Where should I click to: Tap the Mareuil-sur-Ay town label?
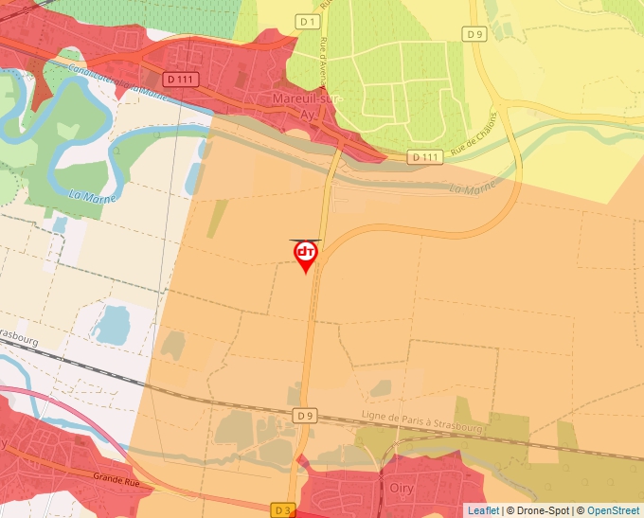click(x=306, y=105)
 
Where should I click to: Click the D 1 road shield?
click(x=306, y=21)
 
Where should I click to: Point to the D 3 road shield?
click(x=283, y=509)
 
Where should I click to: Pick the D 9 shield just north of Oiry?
click(x=303, y=415)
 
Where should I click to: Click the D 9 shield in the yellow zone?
click(x=474, y=33)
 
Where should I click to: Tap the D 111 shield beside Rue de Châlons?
click(x=426, y=156)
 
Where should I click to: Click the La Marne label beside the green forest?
click(x=87, y=196)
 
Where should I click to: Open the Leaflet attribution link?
click(x=483, y=510)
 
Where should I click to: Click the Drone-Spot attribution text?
click(x=538, y=510)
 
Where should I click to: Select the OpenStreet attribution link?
click(x=614, y=510)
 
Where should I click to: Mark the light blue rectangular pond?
click(x=112, y=324)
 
